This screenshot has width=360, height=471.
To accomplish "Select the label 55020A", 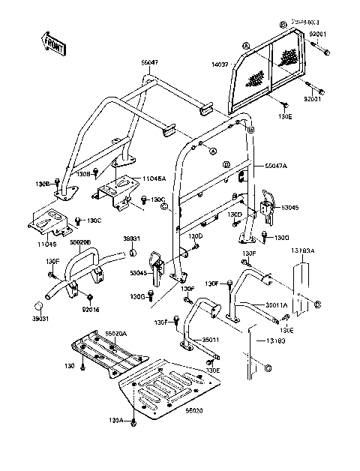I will pos(116,332).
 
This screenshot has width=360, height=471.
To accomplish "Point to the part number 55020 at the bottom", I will pos(195,412).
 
